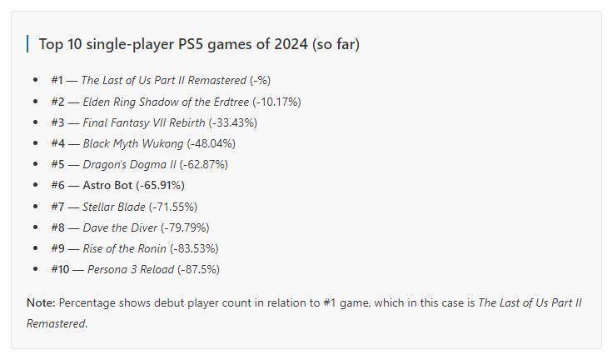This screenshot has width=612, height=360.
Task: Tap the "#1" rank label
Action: click(x=57, y=80)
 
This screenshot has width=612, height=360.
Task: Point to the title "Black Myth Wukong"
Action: click(x=132, y=143)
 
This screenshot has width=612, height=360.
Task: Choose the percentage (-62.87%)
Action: click(x=203, y=164)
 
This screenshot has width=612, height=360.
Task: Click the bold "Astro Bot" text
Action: click(x=109, y=185)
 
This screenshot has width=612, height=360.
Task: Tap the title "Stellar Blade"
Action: click(x=114, y=207)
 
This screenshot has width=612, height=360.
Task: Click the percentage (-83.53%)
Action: click(x=194, y=248)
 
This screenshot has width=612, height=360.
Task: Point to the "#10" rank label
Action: click(x=60, y=269)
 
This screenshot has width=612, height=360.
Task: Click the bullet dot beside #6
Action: click(x=35, y=185)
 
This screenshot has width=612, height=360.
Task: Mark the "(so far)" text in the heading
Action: click(x=336, y=44)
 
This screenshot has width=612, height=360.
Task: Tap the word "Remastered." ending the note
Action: click(x=57, y=323)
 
